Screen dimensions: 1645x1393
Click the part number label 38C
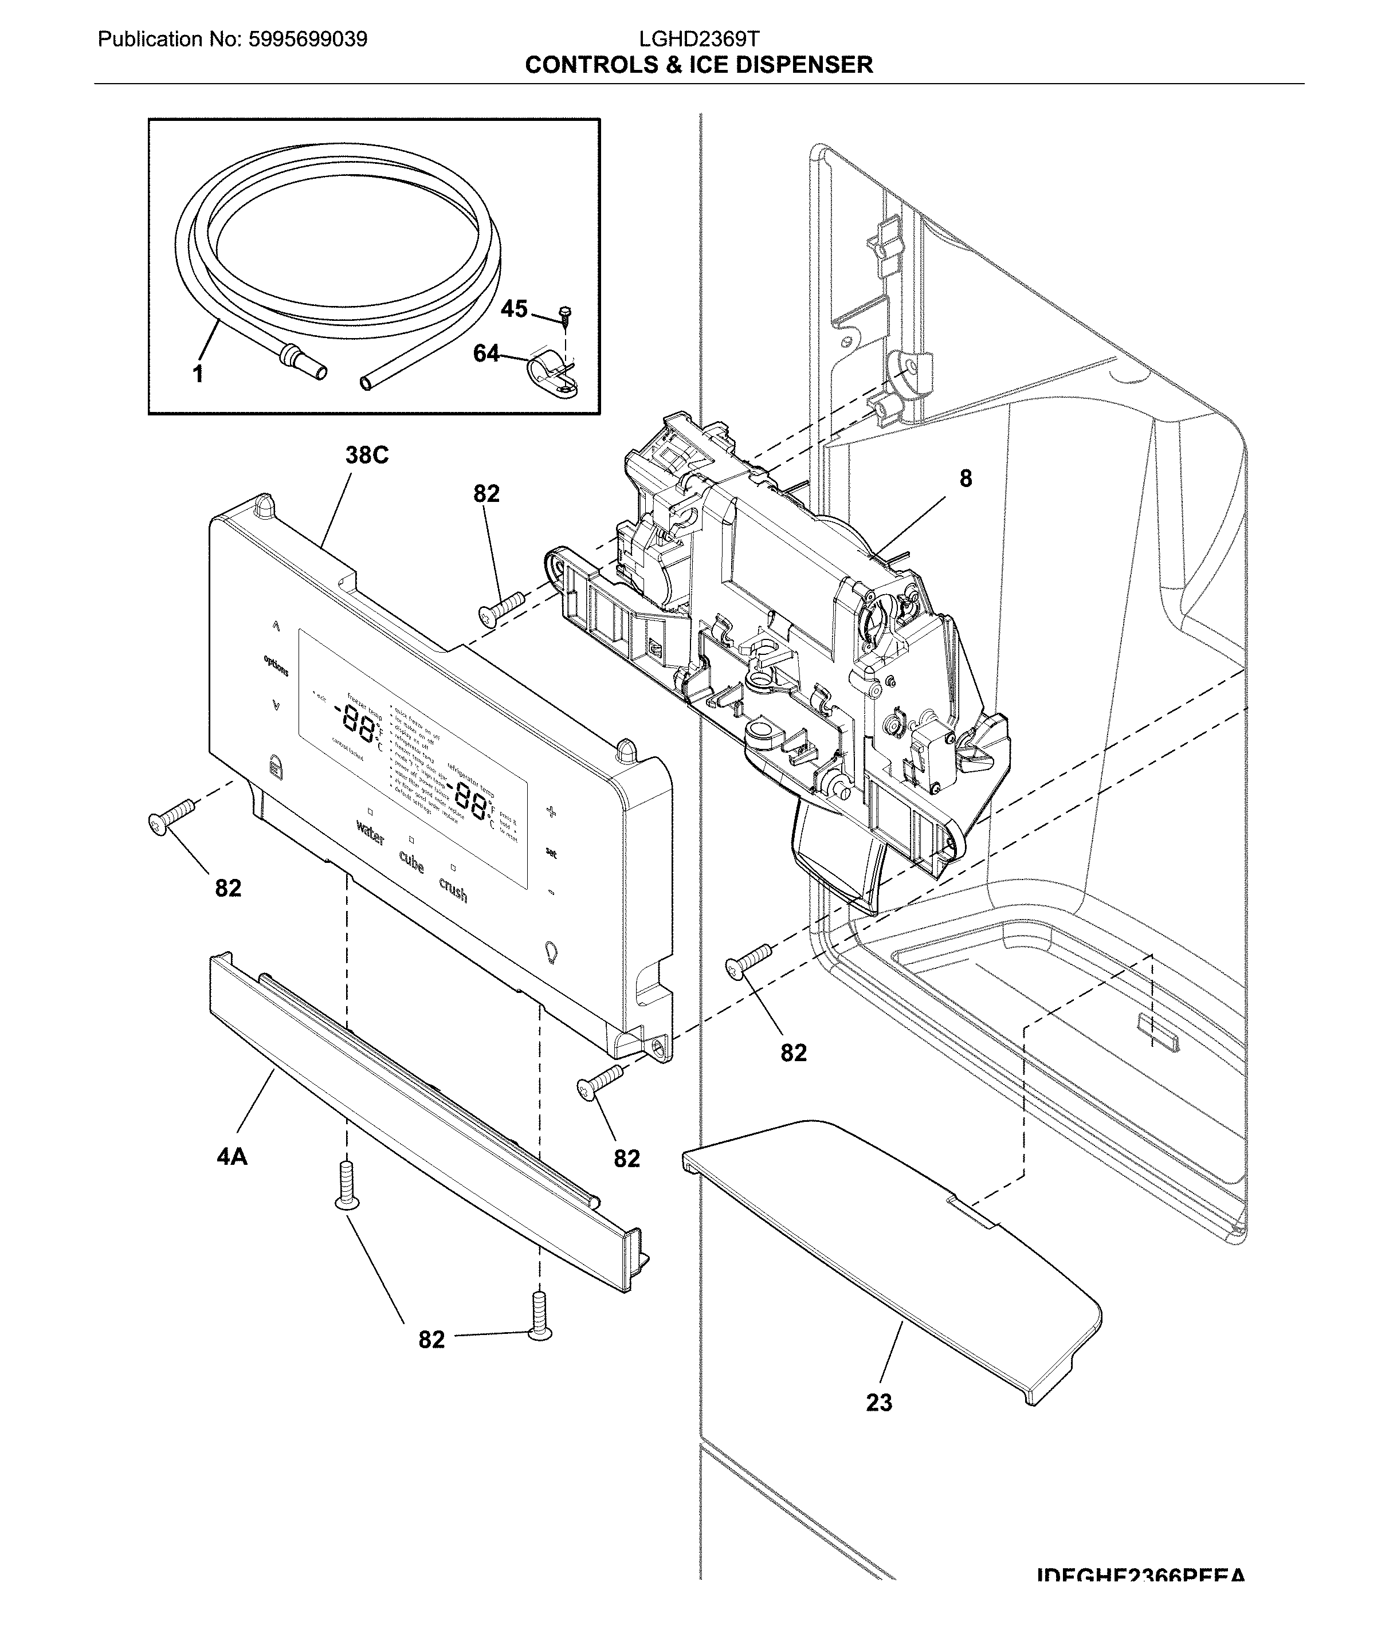(366, 456)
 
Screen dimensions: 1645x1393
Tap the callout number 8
(966, 478)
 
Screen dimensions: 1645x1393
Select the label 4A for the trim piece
(231, 1157)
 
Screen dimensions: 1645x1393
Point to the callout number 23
(879, 1403)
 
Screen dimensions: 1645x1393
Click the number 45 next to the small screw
(514, 309)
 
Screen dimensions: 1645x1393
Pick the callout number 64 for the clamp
(486, 354)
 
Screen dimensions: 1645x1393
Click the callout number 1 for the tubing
(198, 374)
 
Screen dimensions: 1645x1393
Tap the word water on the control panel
(370, 833)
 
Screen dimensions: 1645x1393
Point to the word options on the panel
(276, 666)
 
